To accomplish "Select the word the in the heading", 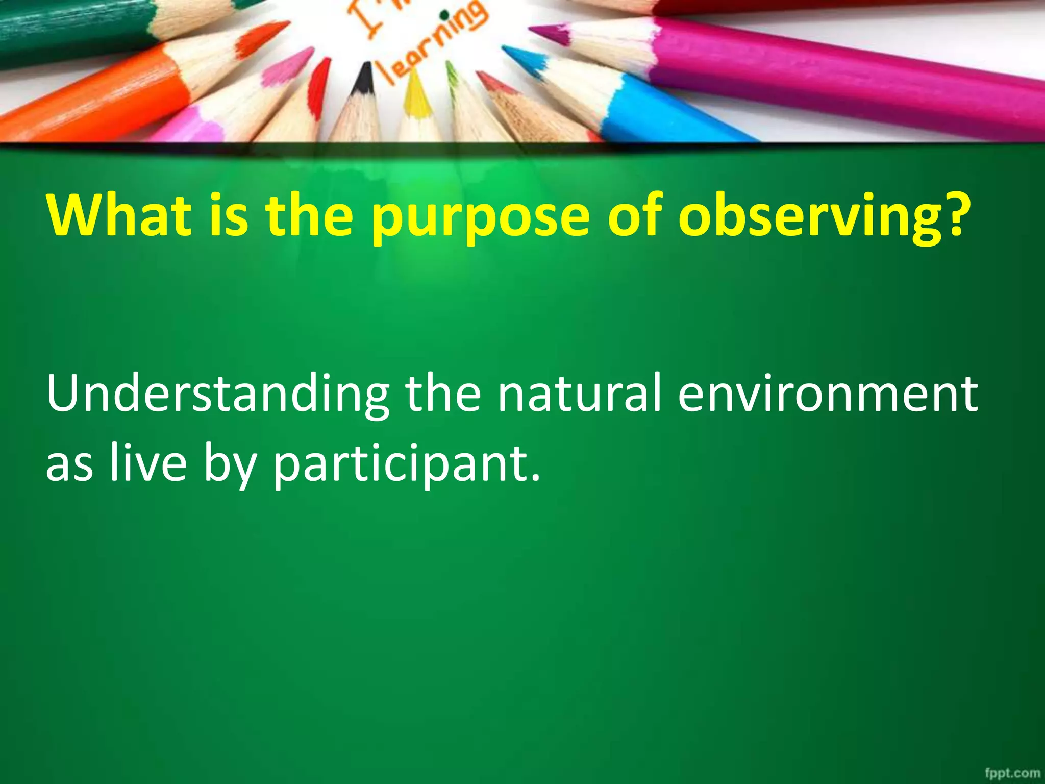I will tap(309, 214).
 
